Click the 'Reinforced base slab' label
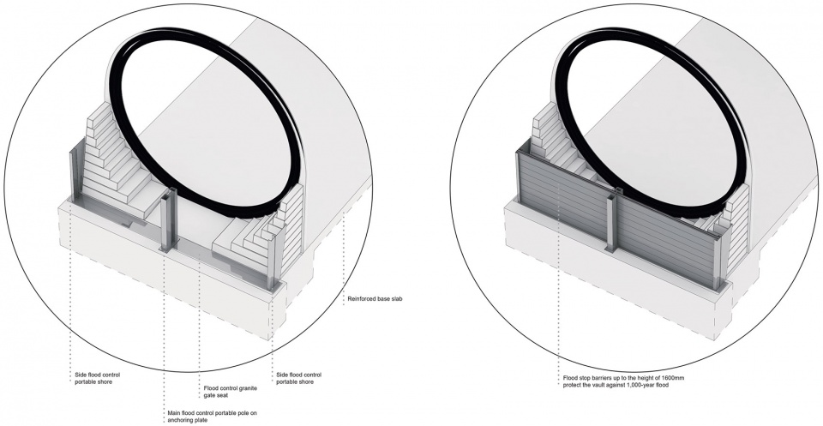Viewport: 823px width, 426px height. coord(379,299)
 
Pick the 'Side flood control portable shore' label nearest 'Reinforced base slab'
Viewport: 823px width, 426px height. coord(299,379)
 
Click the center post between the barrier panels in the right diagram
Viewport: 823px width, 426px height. coord(612,225)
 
